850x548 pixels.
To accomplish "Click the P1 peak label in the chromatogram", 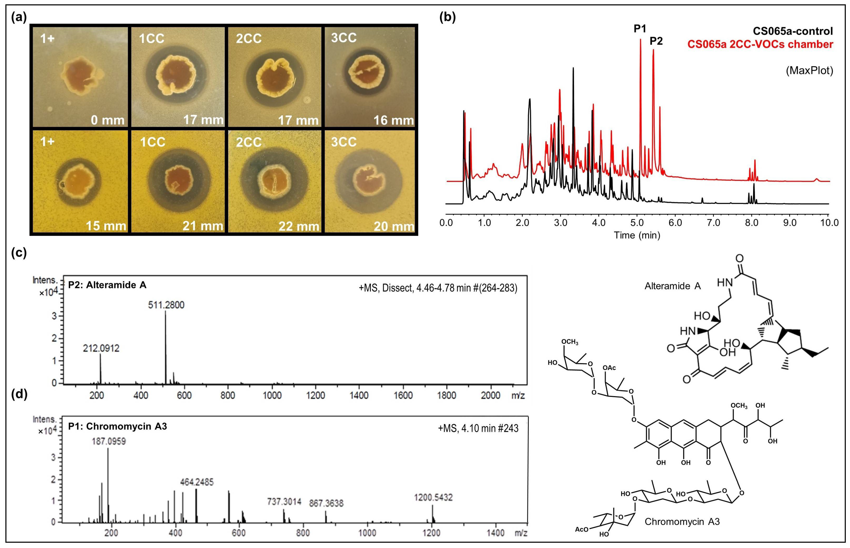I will [x=639, y=29].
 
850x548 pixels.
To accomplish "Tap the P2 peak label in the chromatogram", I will [x=656, y=41].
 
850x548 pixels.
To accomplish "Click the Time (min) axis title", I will [x=637, y=235].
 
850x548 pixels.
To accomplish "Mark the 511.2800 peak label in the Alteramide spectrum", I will [x=166, y=305].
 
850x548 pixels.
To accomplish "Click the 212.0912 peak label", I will [x=101, y=348].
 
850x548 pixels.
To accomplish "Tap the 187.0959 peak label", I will [x=109, y=442].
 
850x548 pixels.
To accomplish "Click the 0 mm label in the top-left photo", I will [x=107, y=120].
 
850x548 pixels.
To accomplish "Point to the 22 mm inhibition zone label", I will [x=299, y=226].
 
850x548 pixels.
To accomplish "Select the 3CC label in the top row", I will [x=344, y=38].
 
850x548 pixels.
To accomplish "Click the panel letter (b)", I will [x=448, y=17].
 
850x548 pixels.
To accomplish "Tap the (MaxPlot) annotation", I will [x=810, y=71].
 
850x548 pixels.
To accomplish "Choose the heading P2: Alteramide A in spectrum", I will [x=107, y=285].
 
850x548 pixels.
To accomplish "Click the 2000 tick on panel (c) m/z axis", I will [x=490, y=395].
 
